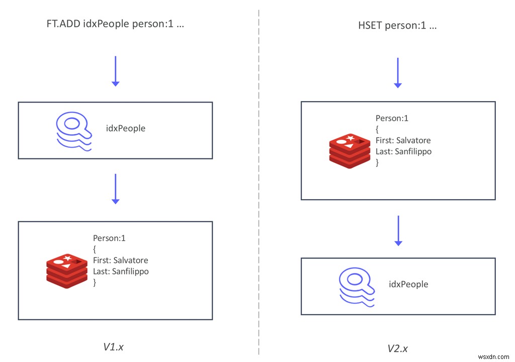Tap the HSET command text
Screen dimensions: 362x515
click(x=397, y=26)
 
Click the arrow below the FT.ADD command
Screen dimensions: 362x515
click(x=115, y=71)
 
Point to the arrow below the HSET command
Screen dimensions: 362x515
click(x=398, y=73)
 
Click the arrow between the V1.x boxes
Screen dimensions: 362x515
click(x=115, y=189)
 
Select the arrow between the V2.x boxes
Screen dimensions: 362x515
click(x=398, y=231)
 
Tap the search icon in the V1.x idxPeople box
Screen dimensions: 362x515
click(x=74, y=130)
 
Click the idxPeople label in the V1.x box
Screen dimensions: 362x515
click(x=126, y=128)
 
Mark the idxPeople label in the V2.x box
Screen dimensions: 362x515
click(x=408, y=284)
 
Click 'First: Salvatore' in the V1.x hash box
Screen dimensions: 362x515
click(x=121, y=260)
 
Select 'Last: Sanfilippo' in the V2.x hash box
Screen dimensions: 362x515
click(x=403, y=151)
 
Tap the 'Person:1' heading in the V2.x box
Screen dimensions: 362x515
click(x=392, y=119)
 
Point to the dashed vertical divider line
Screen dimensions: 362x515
click(x=259, y=181)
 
